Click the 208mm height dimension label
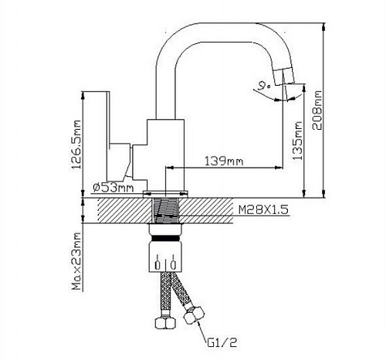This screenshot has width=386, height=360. click(317, 110)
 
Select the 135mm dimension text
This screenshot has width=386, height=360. click(297, 141)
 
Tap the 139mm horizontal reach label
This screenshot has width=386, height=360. click(224, 161)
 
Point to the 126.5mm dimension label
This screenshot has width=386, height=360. click(76, 144)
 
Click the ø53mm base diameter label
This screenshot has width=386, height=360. click(113, 188)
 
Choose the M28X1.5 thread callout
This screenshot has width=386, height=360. click(263, 209)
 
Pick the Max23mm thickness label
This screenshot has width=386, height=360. click(76, 261)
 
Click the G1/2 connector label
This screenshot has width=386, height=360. click(222, 342)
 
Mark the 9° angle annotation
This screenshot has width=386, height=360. click(265, 85)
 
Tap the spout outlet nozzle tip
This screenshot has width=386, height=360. click(284, 76)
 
